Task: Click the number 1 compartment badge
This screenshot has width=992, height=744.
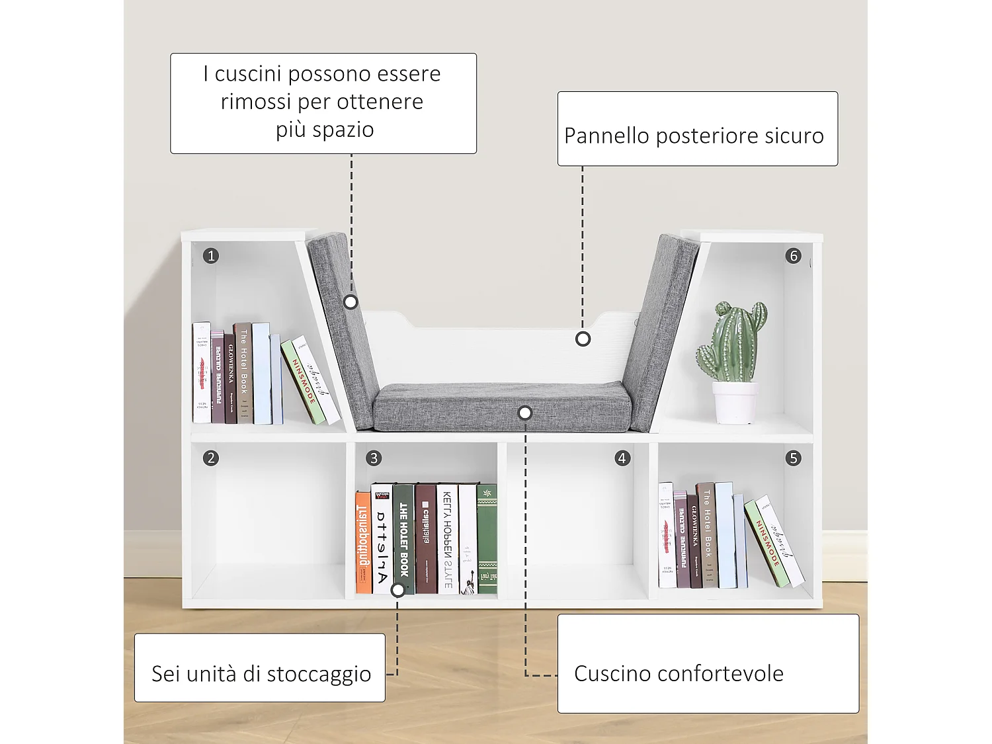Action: [211, 256]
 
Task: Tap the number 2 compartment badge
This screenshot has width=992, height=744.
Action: [211, 458]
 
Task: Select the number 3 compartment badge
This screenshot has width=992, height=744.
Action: [374, 458]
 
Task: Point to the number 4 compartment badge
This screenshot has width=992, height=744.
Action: [622, 458]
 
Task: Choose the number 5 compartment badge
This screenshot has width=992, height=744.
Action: [794, 458]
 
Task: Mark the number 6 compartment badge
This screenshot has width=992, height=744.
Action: [794, 256]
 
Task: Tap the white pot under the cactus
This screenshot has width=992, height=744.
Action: [735, 402]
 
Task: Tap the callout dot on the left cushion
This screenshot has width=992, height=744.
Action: [351, 302]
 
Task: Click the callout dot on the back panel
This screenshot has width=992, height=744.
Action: [583, 339]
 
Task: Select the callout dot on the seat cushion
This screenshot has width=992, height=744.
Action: [525, 413]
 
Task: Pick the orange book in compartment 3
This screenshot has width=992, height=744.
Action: [363, 542]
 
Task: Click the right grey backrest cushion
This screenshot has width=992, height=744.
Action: [658, 331]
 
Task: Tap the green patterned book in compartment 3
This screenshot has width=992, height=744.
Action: [487, 539]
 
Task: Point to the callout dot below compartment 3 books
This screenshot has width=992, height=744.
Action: [398, 589]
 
